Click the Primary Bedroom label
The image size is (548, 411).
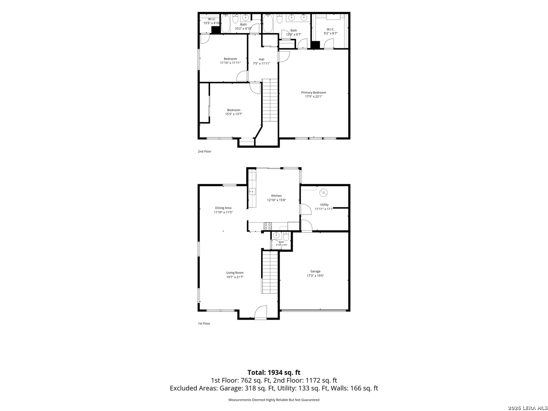[x=313, y=92]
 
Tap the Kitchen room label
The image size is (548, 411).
[x=276, y=196]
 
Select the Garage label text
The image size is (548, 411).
[x=315, y=271]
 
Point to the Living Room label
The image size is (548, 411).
[x=235, y=273]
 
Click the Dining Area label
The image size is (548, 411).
[x=223, y=208]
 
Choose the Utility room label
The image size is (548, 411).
[x=324, y=205]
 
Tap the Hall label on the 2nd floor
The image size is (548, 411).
[x=261, y=59]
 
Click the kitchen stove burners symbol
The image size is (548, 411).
[x=268, y=226]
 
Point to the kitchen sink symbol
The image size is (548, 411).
[x=252, y=192]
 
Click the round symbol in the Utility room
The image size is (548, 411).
[x=323, y=193]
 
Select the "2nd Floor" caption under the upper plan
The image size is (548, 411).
[x=204, y=151]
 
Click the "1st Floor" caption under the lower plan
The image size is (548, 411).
[x=204, y=323]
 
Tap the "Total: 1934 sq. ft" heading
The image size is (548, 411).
[x=274, y=373]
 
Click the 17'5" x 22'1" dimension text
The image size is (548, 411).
[x=314, y=97]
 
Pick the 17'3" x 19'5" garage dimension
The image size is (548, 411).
[x=315, y=276]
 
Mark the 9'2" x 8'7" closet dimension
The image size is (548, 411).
[x=331, y=33]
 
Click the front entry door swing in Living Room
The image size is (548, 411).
[x=261, y=312]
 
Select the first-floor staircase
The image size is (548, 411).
[x=270, y=272]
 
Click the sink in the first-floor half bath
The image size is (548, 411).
[x=276, y=235]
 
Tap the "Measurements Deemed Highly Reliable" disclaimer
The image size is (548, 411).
[x=274, y=400]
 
